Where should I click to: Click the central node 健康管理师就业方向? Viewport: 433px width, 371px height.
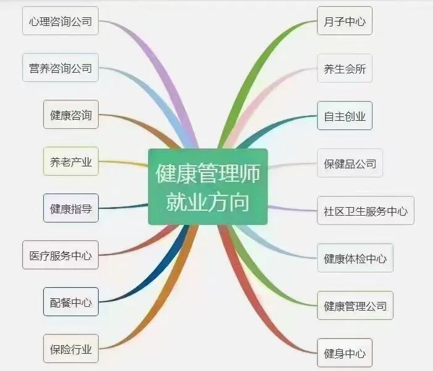point(208,187)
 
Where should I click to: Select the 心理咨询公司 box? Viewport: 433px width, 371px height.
point(60,22)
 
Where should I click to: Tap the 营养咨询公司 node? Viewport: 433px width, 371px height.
point(60,68)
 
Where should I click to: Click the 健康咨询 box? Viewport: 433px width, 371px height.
point(70,115)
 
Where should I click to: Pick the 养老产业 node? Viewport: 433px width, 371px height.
point(70,162)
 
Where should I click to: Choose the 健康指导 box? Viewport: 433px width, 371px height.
point(70,208)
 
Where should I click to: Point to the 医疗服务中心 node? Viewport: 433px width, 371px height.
point(60,255)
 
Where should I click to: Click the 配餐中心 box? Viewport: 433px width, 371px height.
point(70,302)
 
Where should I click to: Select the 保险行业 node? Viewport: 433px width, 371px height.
point(70,349)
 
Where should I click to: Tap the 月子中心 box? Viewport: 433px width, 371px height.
point(344,22)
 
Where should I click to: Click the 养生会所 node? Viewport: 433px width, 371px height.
point(344,68)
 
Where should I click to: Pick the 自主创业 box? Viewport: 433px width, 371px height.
point(344,115)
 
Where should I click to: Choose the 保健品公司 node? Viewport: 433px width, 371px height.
point(350,163)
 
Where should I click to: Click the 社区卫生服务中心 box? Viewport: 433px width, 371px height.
point(365,211)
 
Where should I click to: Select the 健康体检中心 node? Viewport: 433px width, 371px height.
point(355,258)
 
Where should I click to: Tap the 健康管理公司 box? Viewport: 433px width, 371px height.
point(355,305)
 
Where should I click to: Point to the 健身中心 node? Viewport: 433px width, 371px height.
point(344,353)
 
